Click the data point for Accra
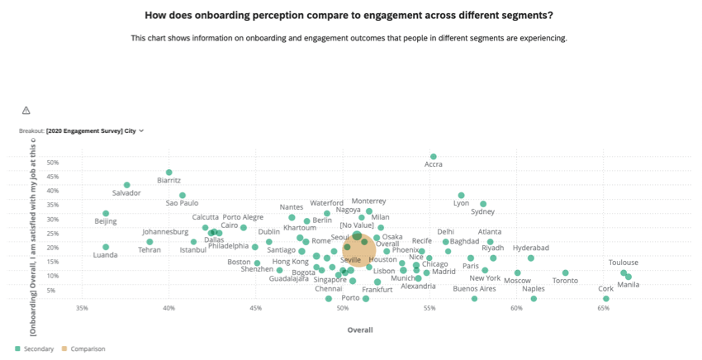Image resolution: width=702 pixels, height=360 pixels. pyautogui.click(x=434, y=156)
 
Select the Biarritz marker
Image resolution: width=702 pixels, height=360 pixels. pyautogui.click(x=168, y=173)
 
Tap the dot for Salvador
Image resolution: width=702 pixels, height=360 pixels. pyautogui.click(x=126, y=185)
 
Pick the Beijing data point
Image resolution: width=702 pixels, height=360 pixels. pyautogui.click(x=106, y=213)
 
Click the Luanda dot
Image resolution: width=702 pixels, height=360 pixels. pyautogui.click(x=106, y=247)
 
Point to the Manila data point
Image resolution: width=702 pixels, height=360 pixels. pyautogui.click(x=628, y=277)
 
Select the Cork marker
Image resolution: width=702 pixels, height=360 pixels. pyautogui.click(x=606, y=299)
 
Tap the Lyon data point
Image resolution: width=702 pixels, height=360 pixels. pyautogui.click(x=462, y=196)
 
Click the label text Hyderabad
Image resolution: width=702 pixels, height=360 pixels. pyautogui.click(x=530, y=248)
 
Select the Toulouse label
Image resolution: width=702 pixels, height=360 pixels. pyautogui.click(x=624, y=263)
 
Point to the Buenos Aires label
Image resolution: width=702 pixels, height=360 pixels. pyautogui.click(x=475, y=288)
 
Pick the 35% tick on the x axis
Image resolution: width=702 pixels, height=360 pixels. pyautogui.click(x=82, y=309)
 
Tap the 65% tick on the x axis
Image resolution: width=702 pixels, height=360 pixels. pyautogui.click(x=604, y=309)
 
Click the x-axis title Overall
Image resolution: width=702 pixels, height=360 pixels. pyautogui.click(x=359, y=329)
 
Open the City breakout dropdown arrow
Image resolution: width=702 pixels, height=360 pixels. pyautogui.click(x=142, y=130)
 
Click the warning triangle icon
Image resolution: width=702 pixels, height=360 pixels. pyautogui.click(x=26, y=111)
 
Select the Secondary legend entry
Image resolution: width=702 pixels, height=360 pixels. pyautogui.click(x=35, y=349)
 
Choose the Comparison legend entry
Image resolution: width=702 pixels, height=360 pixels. pyautogui.click(x=85, y=349)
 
